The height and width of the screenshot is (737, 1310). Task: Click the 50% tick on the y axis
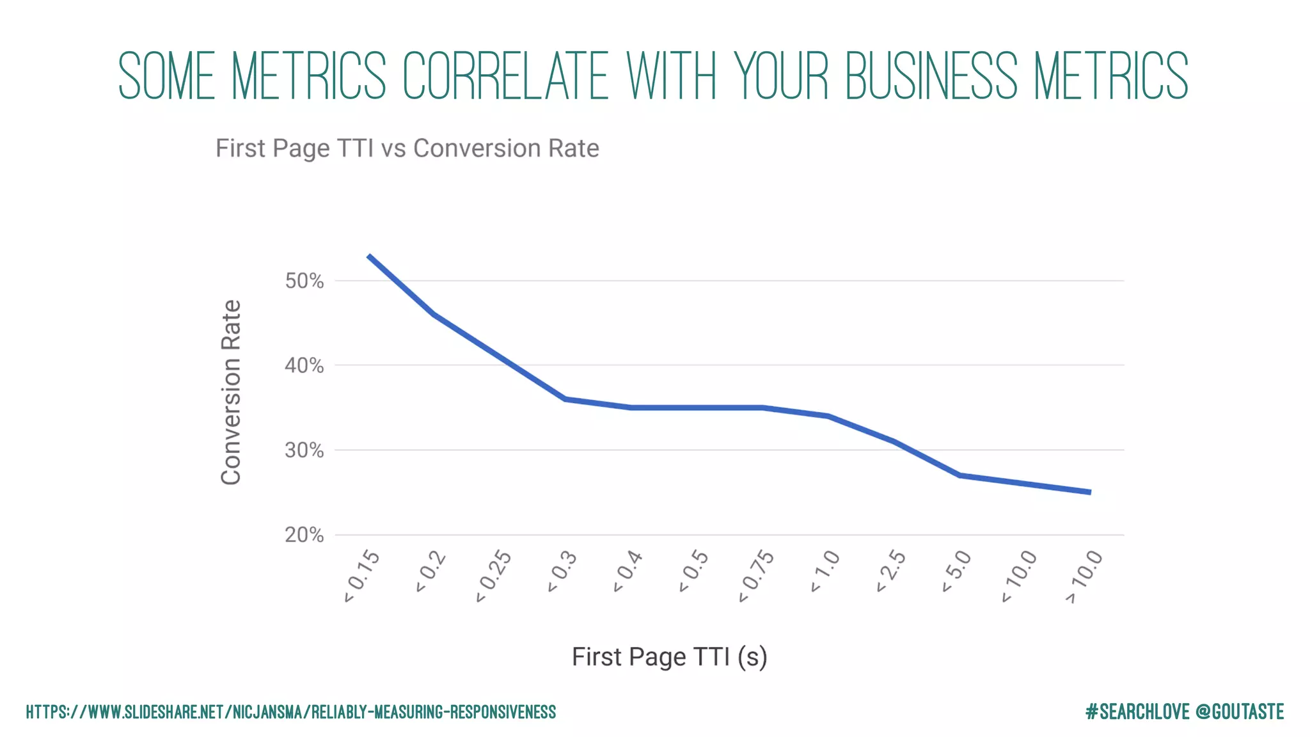[304, 281]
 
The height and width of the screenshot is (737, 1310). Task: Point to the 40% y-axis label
[304, 366]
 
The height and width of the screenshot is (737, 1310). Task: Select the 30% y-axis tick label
[304, 450]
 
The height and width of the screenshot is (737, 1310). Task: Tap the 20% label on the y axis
[304, 535]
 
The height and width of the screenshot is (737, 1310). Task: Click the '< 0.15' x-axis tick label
[362, 576]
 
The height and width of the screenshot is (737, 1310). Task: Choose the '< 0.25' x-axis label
[494, 576]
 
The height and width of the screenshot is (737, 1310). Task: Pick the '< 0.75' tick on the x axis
[757, 576]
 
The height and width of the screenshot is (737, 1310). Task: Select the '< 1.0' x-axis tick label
[825, 571]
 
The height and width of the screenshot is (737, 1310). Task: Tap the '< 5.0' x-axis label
[957, 571]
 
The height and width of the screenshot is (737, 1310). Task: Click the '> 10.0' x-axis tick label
[1085, 576]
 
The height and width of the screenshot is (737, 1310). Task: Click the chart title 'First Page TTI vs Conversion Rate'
[407, 148]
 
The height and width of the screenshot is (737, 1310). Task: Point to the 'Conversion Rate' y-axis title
[231, 392]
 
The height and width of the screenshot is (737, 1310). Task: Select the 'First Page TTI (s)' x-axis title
[669, 657]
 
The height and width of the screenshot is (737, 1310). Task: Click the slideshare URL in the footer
[291, 712]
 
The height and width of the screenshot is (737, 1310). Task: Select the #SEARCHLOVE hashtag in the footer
[1137, 711]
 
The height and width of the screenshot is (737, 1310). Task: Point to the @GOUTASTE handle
[1239, 711]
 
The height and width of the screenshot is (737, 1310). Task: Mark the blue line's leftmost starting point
[369, 256]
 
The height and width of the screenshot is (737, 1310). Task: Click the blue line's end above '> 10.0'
[1090, 492]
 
